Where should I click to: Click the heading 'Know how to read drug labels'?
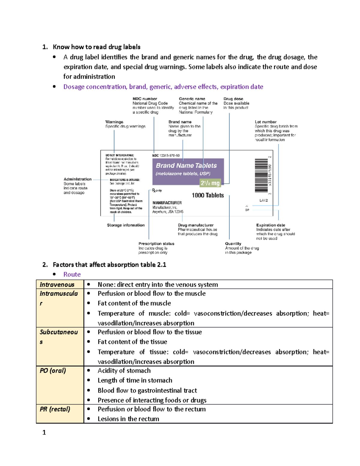coord(96,47)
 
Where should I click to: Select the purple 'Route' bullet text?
coord(72,274)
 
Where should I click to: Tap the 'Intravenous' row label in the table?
coord(57,284)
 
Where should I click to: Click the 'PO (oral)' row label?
coord(53,371)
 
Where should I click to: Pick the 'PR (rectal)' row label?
coord(55,409)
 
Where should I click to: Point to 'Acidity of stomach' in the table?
coord(124,371)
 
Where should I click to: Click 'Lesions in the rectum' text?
coord(128,419)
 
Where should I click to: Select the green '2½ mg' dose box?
coord(210,183)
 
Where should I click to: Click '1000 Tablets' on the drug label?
coord(208,195)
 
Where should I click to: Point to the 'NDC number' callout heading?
coord(145,99)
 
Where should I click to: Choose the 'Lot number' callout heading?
coord(265,122)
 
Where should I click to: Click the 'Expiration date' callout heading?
coord(271,225)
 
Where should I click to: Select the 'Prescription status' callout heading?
coord(156,244)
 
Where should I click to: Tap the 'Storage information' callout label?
coord(126,225)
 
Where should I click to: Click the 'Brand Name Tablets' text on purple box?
coord(186,166)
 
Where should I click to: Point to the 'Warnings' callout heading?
coord(114,122)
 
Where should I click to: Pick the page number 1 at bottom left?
coord(44,432)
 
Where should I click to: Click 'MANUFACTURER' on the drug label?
coord(167,203)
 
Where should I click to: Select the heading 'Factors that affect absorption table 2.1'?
coord(109,265)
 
